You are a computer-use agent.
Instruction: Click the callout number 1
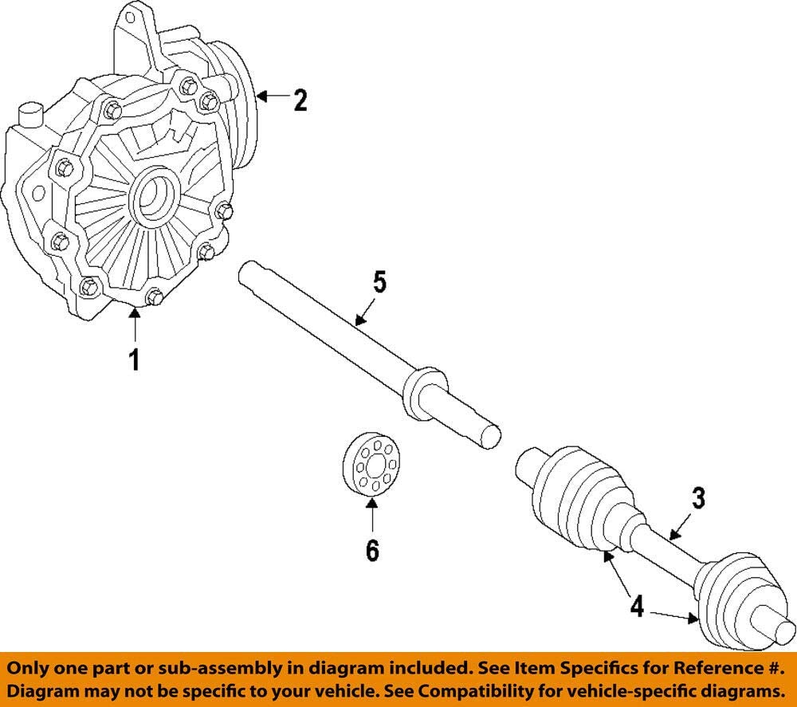pos(135,359)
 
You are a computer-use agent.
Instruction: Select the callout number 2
pos(299,100)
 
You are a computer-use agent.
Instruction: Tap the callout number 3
pos(697,499)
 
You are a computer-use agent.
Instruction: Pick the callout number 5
pos(379,282)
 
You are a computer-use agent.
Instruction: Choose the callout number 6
pos(372,550)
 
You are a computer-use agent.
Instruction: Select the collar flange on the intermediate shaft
pos(422,392)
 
